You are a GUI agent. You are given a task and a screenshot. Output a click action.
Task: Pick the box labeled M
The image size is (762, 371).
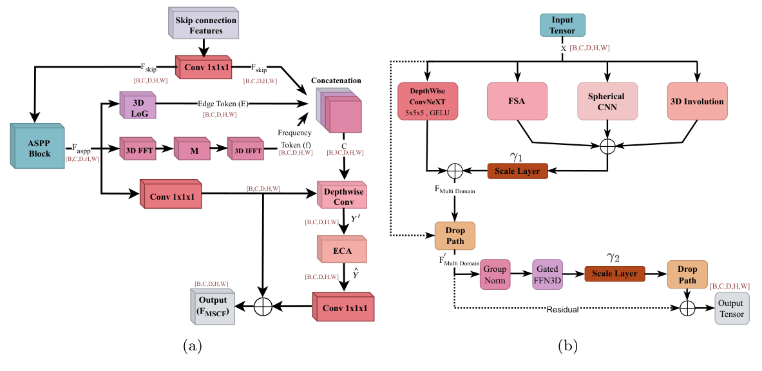(193, 150)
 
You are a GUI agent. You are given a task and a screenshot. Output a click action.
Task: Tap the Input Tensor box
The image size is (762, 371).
(562, 24)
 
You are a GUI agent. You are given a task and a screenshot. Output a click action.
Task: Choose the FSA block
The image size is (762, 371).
(516, 101)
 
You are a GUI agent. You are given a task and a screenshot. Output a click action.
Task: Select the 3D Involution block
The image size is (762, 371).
(696, 101)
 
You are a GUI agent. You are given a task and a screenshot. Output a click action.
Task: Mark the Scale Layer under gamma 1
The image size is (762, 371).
(519, 171)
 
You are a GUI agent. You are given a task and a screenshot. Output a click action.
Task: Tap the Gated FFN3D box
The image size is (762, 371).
(547, 274)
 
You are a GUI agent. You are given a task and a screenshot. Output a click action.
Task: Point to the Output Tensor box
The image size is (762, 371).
(732, 309)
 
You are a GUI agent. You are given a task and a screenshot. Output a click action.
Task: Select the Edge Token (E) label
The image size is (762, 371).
(219, 103)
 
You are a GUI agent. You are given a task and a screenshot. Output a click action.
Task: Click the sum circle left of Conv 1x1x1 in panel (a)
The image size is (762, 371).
(262, 307)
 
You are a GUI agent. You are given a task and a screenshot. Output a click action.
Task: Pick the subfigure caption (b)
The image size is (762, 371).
(567, 346)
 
